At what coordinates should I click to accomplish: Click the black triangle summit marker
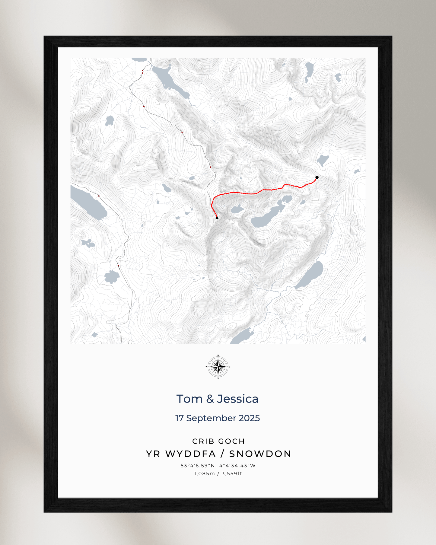(x=217, y=217)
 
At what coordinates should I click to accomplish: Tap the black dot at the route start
(x=317, y=177)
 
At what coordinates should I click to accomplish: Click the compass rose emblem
(x=218, y=367)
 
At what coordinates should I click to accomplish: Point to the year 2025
(x=249, y=418)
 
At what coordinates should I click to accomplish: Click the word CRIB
(x=204, y=441)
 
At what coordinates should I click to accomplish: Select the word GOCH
(x=232, y=441)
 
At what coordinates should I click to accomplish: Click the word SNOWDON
(x=260, y=454)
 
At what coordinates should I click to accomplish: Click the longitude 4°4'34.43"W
(x=237, y=466)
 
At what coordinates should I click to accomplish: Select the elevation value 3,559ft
(x=232, y=473)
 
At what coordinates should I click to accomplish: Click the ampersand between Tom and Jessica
(x=210, y=399)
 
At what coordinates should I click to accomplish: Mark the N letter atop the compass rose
(x=218, y=356)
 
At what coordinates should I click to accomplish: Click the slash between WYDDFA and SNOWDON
(x=223, y=454)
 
